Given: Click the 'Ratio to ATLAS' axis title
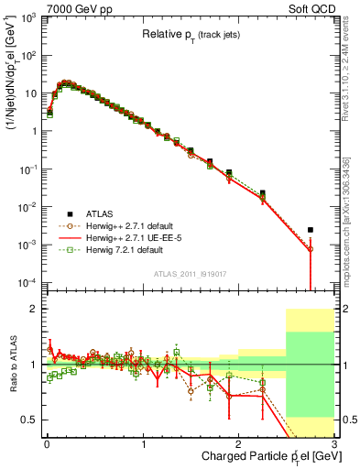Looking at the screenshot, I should [12, 365].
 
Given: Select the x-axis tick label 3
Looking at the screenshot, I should [334, 443].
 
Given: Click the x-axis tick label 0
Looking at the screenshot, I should [47, 443].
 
